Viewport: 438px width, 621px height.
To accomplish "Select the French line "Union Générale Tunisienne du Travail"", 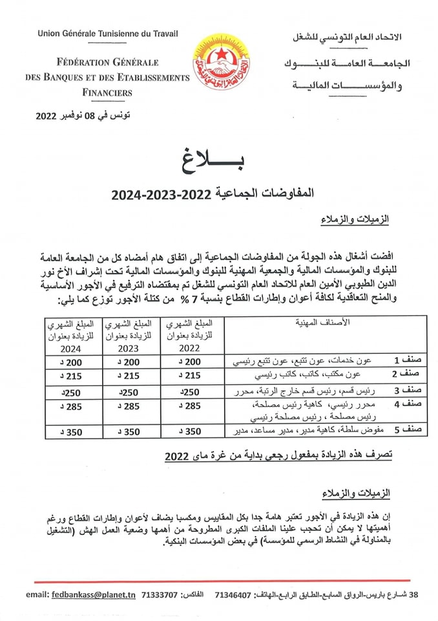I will tap(108, 34).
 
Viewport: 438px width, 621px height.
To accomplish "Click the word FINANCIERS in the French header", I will tap(107, 93).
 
